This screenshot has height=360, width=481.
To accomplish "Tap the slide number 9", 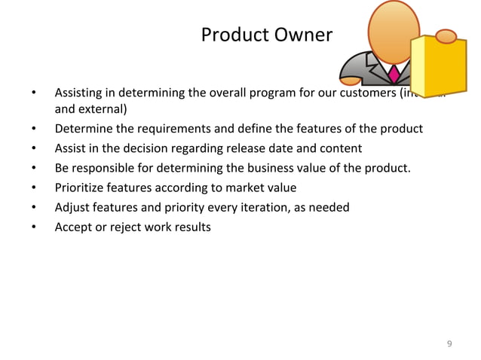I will pos(450,343).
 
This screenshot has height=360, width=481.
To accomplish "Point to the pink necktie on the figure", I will pos(394,73).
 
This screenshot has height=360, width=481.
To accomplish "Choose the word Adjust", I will pos(72,206).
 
